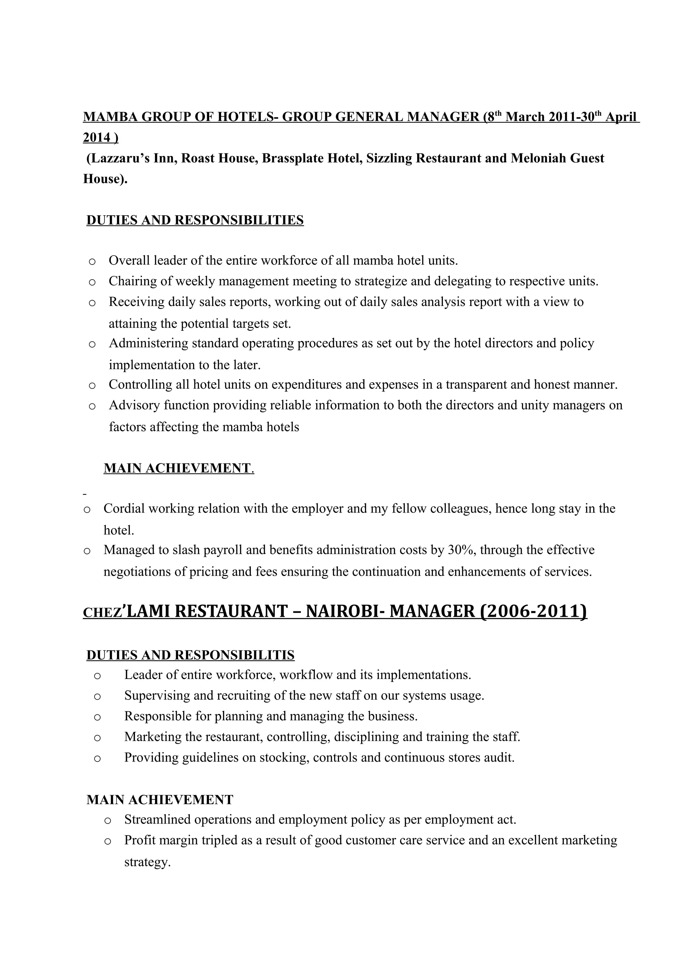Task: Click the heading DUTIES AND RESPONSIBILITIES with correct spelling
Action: click(195, 220)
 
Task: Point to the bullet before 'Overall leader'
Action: click(92, 261)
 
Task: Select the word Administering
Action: click(148, 343)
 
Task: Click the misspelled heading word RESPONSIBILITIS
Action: click(234, 655)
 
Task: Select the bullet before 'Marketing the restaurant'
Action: click(97, 737)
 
